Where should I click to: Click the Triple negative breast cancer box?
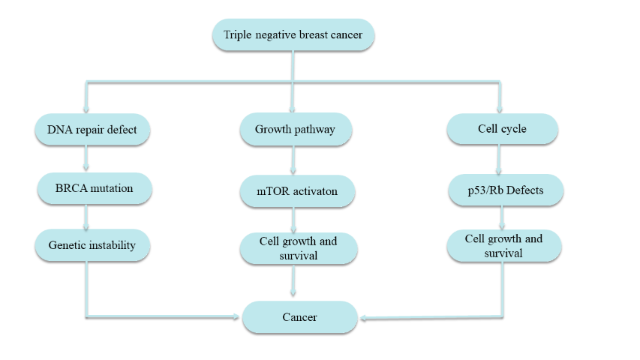point(293,35)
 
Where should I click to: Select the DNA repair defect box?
point(92,130)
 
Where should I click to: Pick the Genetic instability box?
point(92,245)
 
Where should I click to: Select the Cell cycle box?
point(502,129)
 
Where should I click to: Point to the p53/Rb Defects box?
point(506,190)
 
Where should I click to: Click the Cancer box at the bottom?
point(299,317)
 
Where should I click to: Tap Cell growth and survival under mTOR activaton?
point(298,247)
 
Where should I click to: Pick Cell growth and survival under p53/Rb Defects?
point(503,245)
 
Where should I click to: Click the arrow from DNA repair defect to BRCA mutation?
point(89,158)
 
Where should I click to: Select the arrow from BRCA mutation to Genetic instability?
point(89,217)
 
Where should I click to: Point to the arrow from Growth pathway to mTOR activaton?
point(293,160)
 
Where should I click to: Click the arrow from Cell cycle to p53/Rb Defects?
point(500,160)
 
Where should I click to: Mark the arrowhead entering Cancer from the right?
point(362,318)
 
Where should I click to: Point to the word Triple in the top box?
point(238,35)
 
